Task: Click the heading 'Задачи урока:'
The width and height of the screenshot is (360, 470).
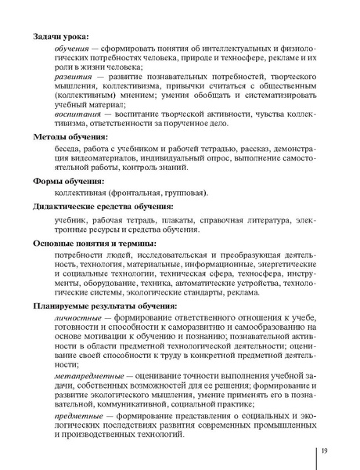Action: (61, 35)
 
